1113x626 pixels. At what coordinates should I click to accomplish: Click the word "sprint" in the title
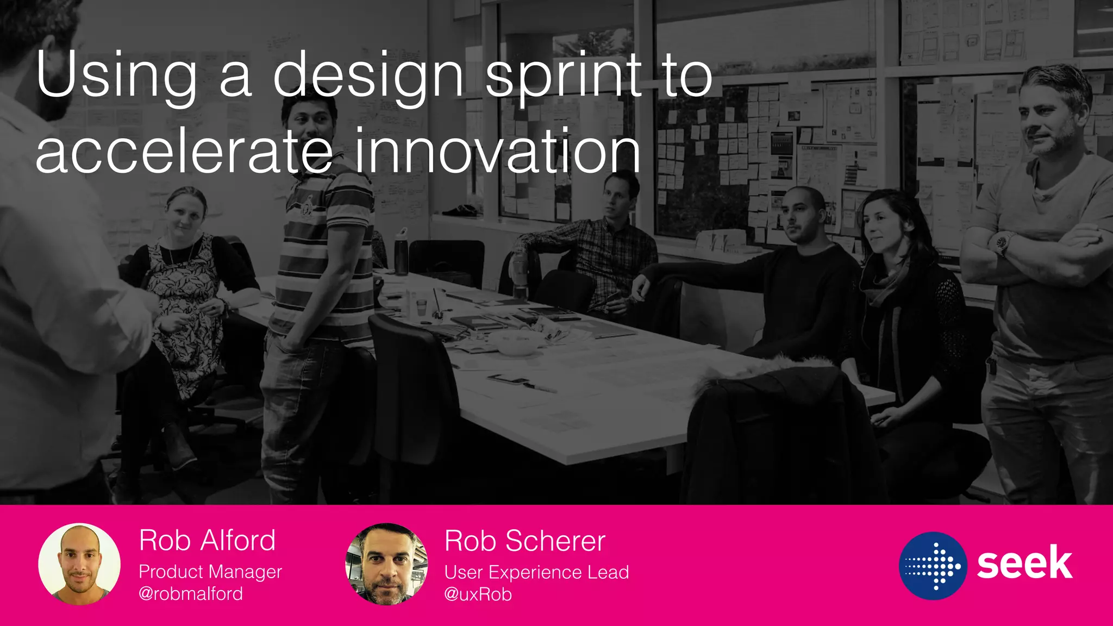tap(564, 76)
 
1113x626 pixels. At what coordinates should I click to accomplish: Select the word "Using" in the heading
tap(116, 76)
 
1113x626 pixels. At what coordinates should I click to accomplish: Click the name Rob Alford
tap(207, 540)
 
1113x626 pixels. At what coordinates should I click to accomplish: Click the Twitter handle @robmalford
tap(191, 593)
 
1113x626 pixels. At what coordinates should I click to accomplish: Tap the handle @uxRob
tap(478, 594)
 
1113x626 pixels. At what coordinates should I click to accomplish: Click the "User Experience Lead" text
tap(536, 572)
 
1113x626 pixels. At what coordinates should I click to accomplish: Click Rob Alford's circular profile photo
tap(79, 564)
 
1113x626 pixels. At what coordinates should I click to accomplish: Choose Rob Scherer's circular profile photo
tap(386, 564)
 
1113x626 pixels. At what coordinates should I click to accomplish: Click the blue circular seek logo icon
tap(933, 566)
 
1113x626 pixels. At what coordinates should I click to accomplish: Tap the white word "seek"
tap(1024, 564)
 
